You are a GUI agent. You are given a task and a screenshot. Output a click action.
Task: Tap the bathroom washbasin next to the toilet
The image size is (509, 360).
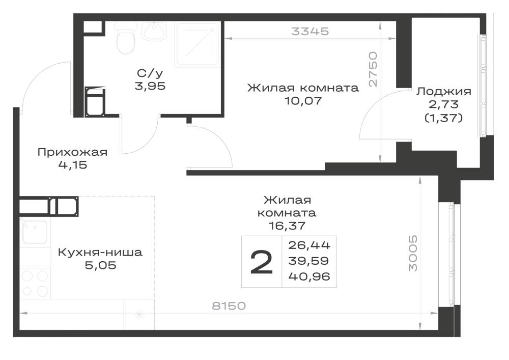pyautogui.click(x=154, y=31)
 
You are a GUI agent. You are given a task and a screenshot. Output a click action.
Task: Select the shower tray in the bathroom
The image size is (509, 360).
pyautogui.click(x=197, y=44)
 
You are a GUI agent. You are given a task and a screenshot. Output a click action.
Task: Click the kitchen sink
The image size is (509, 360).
pyautogui.click(x=34, y=232)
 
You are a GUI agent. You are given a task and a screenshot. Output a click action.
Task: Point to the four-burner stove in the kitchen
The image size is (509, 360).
pyautogui.click(x=35, y=283)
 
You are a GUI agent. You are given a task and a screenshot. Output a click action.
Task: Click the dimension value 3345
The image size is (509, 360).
pyautogui.click(x=310, y=32)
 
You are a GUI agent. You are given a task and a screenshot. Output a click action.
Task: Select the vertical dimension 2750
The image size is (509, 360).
pyautogui.click(x=373, y=69)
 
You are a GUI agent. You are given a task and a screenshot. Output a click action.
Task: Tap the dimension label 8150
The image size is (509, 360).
pyautogui.click(x=229, y=306)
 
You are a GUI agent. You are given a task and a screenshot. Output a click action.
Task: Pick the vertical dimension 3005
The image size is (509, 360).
pyautogui.click(x=413, y=254)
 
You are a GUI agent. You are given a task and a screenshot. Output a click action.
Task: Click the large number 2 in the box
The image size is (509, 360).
pyautogui.click(x=261, y=262)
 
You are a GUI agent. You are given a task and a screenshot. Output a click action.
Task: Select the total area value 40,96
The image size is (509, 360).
pyautogui.click(x=309, y=276)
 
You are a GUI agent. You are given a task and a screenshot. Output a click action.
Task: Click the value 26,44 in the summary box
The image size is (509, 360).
pyautogui.click(x=309, y=245)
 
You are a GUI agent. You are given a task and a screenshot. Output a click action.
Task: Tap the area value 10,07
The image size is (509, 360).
pyautogui.click(x=303, y=101)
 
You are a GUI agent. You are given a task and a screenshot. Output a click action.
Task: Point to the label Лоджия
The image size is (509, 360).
pyautogui.click(x=444, y=92)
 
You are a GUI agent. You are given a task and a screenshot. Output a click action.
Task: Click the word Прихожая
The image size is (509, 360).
pyautogui.click(x=72, y=152)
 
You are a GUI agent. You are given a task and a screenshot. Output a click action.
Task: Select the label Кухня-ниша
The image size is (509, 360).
pyautogui.click(x=100, y=252)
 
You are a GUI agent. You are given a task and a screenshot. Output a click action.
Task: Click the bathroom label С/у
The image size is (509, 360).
pyautogui.click(x=150, y=73)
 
